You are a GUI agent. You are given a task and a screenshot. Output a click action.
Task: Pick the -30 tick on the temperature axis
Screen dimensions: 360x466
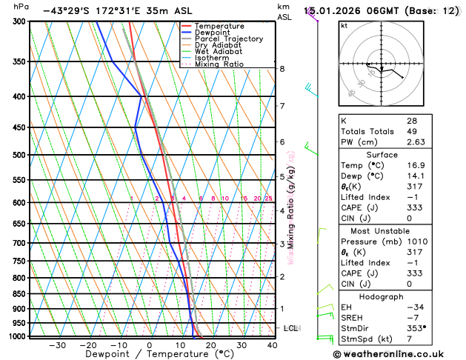point(57,344)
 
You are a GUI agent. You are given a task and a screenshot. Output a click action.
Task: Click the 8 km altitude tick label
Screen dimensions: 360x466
point(282,69)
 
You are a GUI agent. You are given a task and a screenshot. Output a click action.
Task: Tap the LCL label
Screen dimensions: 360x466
point(290,327)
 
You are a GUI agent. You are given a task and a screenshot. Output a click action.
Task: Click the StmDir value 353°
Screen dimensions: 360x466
point(416,328)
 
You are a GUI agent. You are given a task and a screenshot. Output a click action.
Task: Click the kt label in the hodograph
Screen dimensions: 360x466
point(344,26)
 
